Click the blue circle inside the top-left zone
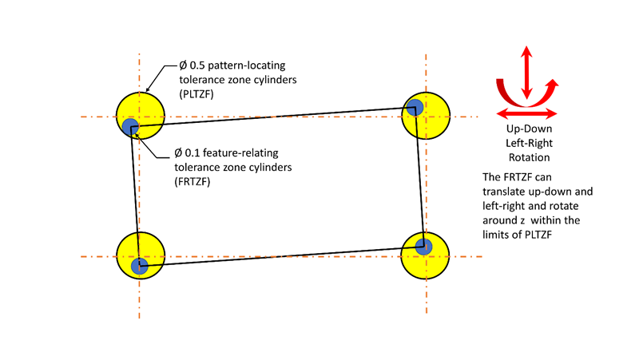(x=131, y=126)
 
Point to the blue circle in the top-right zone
(x=415, y=108)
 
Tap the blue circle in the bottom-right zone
(x=424, y=246)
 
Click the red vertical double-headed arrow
(x=525, y=72)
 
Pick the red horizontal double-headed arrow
(x=525, y=113)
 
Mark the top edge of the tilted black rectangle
(x=272, y=116)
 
